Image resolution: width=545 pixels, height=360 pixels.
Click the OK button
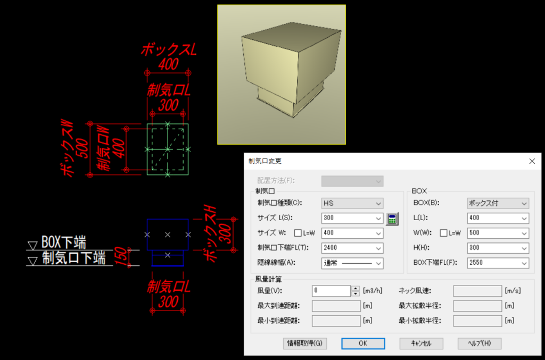click(x=363, y=344)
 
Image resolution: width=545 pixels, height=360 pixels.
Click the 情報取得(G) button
click(x=305, y=344)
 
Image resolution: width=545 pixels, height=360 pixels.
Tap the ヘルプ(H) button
click(x=480, y=344)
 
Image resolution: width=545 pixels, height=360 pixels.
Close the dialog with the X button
click(x=532, y=161)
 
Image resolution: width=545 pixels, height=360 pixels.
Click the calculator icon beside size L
click(x=392, y=219)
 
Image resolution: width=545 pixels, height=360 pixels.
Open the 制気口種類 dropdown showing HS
click(x=352, y=204)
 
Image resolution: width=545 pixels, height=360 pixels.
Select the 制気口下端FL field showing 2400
click(x=352, y=248)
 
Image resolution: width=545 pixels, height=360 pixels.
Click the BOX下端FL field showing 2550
click(x=498, y=263)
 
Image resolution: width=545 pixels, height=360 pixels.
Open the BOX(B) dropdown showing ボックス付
click(x=498, y=204)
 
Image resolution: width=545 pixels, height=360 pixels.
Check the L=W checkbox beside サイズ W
click(x=298, y=233)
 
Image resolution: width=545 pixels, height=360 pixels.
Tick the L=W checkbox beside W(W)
click(x=443, y=233)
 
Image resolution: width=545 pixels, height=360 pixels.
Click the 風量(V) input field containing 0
click(x=331, y=291)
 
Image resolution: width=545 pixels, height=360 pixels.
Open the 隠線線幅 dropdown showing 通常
click(x=352, y=263)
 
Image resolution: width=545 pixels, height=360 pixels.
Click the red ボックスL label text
click(x=169, y=49)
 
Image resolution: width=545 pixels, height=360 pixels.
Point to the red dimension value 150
click(x=121, y=256)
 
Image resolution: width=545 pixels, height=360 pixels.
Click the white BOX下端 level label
click(x=64, y=242)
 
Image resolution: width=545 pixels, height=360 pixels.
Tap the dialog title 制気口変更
click(x=265, y=161)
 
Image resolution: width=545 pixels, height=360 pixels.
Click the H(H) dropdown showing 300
click(x=498, y=248)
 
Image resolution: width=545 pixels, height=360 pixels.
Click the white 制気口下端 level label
click(x=73, y=258)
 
